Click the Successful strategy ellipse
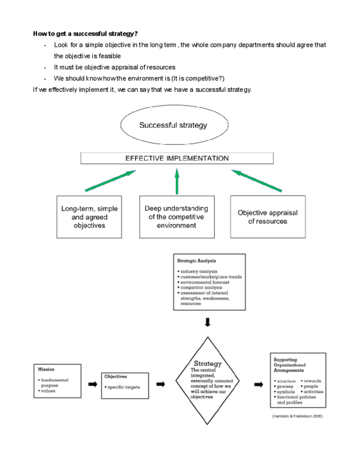pos(173,125)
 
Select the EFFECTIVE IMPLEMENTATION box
pos(177,158)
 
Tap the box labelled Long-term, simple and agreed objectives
pos(89,217)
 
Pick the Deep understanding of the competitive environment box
pos(176,217)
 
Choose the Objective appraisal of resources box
pos(268,217)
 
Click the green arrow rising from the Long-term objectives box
pos(110,181)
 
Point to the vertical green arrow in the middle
pos(177,181)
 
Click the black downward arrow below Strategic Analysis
pos(207,323)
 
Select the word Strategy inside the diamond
pos(207,363)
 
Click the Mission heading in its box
pos(46,369)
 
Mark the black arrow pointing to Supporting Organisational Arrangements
pos(258,384)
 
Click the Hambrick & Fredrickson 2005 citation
pos(297,417)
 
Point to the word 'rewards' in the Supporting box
pos(312,381)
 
